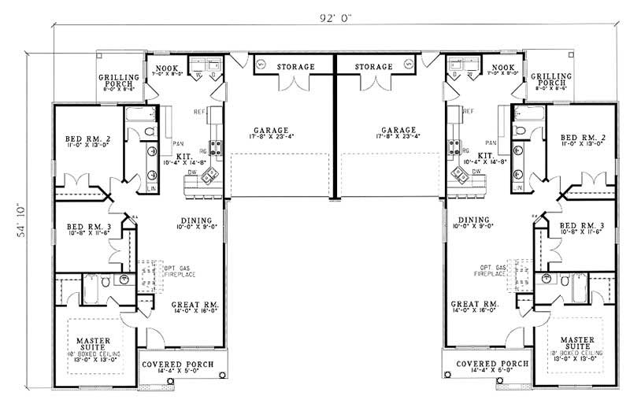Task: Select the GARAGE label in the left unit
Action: click(x=270, y=130)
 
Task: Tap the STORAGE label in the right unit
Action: click(x=373, y=67)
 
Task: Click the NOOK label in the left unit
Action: click(x=166, y=68)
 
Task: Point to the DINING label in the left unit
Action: click(x=196, y=220)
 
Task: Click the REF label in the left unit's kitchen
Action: click(x=177, y=111)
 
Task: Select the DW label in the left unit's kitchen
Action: click(x=192, y=169)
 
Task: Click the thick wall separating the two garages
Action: click(x=335, y=130)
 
